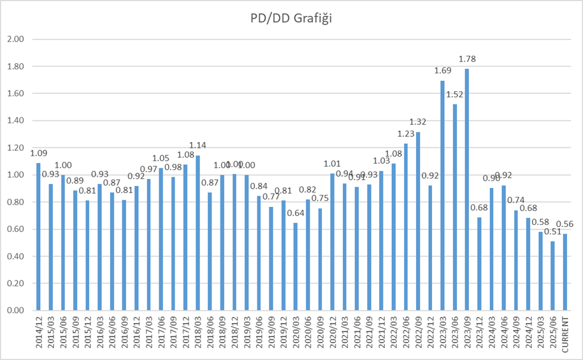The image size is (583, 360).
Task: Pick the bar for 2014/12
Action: pyautogui.click(x=38, y=236)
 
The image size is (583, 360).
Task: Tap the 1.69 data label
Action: pyautogui.click(x=442, y=71)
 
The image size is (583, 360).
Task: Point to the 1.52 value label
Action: pyautogui.click(x=455, y=94)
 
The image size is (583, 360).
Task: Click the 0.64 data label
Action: pyautogui.click(x=295, y=213)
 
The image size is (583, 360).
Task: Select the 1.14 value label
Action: pyautogui.click(x=198, y=145)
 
